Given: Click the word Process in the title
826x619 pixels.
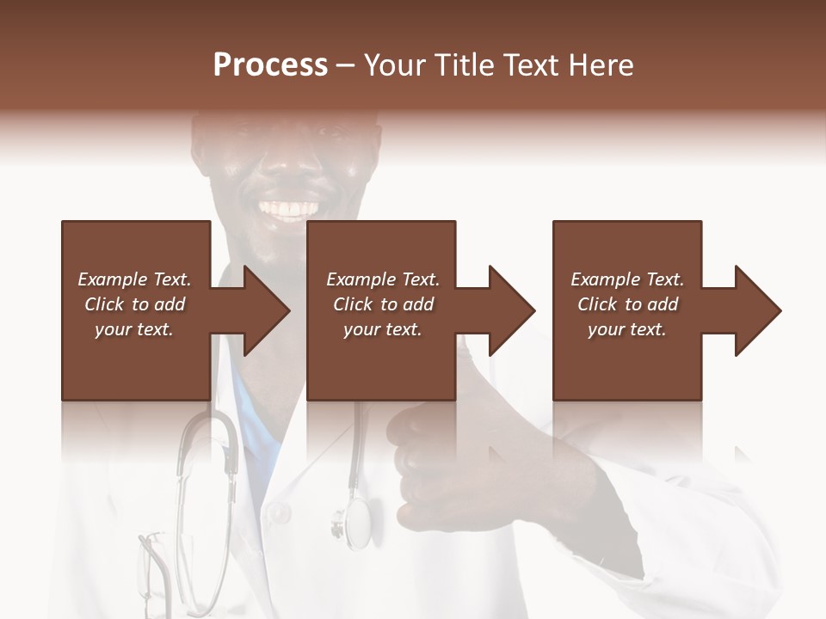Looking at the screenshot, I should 270,65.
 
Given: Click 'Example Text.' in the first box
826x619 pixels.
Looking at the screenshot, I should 134,279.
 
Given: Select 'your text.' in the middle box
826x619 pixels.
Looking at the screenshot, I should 382,329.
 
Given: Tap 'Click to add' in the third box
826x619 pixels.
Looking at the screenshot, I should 627,304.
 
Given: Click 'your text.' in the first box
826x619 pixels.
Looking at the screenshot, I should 134,329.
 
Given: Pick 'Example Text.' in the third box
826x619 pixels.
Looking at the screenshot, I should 627,279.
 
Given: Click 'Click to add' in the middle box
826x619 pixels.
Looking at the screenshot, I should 382,304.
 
